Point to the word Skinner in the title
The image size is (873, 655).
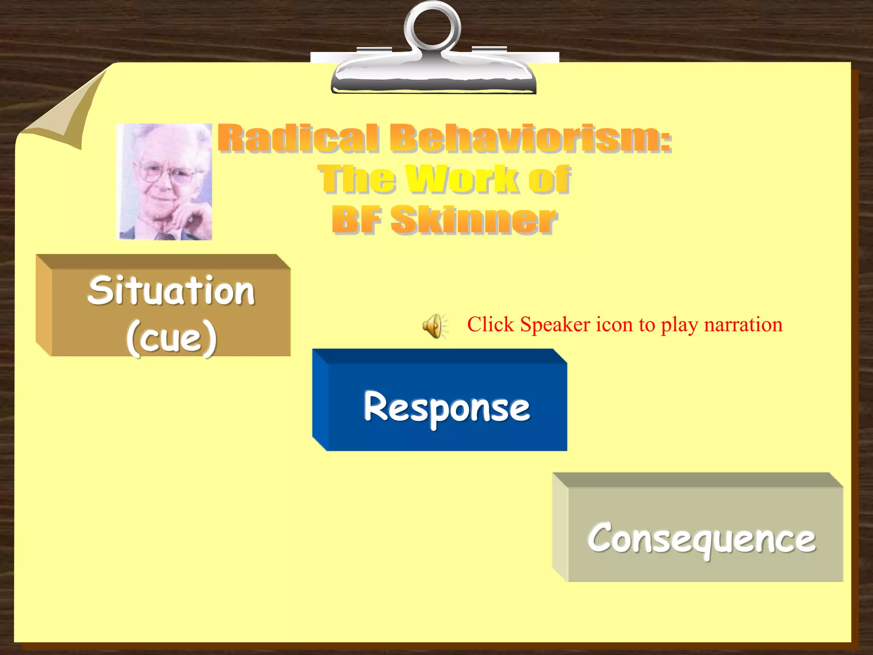click(474, 220)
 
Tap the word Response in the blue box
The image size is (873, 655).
click(447, 407)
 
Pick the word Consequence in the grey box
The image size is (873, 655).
click(702, 538)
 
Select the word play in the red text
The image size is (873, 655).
click(678, 325)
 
